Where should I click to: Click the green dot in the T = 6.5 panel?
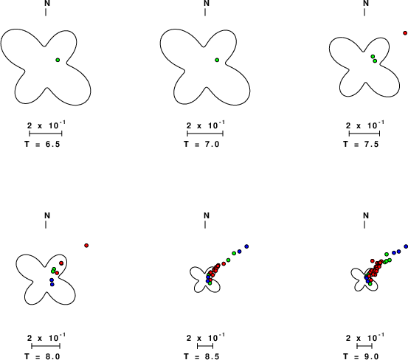point(58,60)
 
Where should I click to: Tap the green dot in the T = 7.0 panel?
point(217,60)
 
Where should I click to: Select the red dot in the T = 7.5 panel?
point(405,33)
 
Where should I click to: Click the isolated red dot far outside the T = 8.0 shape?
point(86,246)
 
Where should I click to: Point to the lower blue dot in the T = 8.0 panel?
point(52,284)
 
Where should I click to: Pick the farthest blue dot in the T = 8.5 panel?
point(246,246)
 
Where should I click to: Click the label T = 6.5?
point(42,144)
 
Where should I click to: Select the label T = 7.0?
point(201,144)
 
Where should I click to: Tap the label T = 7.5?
point(361,144)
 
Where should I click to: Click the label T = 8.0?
point(42,356)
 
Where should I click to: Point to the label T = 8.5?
point(201,356)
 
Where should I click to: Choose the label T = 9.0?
point(361,356)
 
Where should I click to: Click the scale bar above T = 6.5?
point(46,134)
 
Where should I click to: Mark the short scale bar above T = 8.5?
point(205,346)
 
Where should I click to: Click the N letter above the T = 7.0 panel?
point(207,3)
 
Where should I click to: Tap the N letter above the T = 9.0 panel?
point(366,215)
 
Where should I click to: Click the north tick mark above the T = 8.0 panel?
point(46,225)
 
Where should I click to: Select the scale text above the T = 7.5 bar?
point(364,125)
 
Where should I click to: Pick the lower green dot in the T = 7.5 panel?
point(375,61)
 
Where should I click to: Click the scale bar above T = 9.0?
point(364,346)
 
